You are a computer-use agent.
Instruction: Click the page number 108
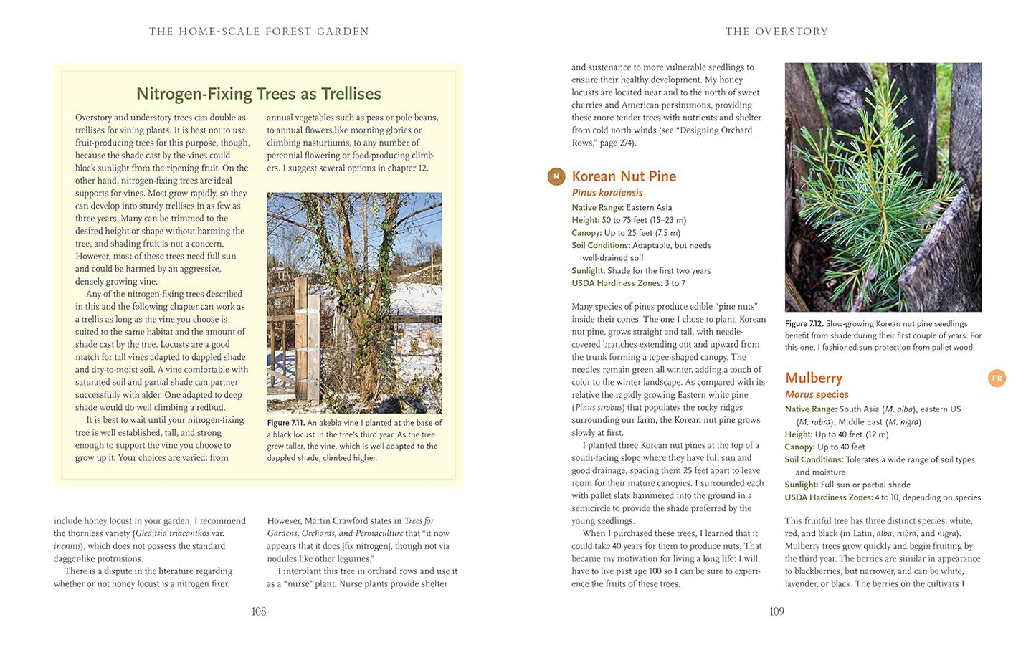[x=258, y=611]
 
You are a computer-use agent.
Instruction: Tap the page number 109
[x=776, y=611]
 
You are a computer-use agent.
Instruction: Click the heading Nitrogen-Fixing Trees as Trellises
[x=258, y=94]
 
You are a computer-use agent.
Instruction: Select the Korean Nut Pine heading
[x=624, y=176]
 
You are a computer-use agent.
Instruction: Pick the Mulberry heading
[x=813, y=378]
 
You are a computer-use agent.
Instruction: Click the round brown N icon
[x=556, y=176]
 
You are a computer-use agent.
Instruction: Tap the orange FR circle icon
[x=997, y=378]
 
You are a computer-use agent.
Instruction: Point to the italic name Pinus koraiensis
[x=607, y=193]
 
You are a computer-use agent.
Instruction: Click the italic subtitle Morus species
[x=816, y=394]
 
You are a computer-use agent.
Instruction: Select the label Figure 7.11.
[x=285, y=423]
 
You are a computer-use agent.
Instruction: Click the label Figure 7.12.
[x=804, y=324]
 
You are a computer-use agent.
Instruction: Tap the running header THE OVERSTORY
[x=776, y=32]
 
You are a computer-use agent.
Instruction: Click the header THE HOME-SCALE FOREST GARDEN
[x=258, y=32]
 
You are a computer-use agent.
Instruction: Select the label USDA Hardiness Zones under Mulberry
[x=828, y=497]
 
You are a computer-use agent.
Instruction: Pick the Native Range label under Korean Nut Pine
[x=597, y=207]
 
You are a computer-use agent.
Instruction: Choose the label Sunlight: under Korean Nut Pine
[x=588, y=270]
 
